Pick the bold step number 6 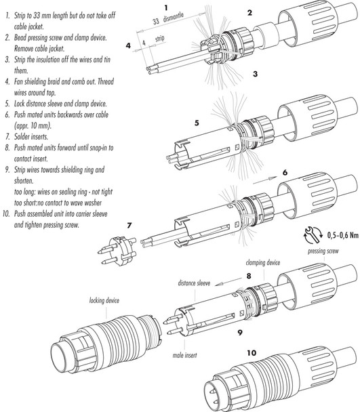pyautogui.click(x=285, y=173)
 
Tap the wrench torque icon pyautogui.click(x=314, y=234)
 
